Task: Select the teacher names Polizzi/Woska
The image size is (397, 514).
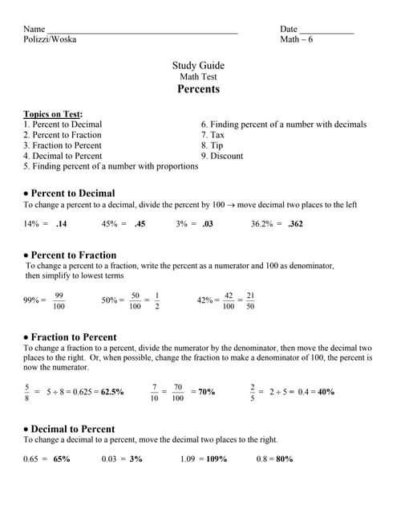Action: [50, 39]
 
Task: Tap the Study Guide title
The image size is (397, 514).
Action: [198, 66]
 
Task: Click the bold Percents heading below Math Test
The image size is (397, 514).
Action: [198, 89]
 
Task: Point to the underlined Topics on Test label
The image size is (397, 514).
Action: [53, 114]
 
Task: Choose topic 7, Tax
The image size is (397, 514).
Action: [213, 135]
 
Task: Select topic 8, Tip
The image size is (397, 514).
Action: [212, 145]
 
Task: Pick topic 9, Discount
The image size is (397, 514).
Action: [221, 156]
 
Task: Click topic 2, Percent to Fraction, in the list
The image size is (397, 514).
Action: [63, 135]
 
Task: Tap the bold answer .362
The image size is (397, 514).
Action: [295, 224]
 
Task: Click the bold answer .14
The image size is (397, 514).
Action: [61, 224]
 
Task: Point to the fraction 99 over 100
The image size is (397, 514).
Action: [59, 300]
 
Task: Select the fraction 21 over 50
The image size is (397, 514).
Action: [250, 300]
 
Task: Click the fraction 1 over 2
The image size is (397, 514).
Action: [156, 300]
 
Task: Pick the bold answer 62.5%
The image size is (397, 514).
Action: [112, 392]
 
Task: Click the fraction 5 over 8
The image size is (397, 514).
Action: [27, 392]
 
